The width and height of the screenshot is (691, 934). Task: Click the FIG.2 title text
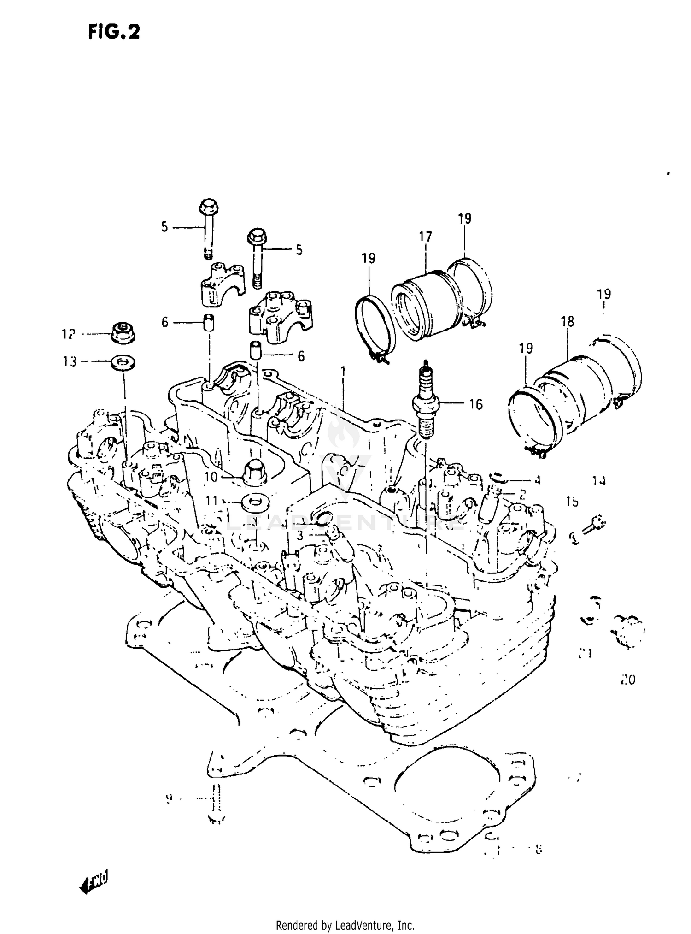[x=114, y=32]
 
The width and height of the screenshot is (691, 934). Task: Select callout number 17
[x=425, y=237]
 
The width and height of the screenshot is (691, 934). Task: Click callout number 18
[x=568, y=322]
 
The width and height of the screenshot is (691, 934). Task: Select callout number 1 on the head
[x=343, y=371]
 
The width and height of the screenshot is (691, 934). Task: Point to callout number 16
[x=475, y=404]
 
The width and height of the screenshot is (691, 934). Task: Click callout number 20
[x=628, y=680]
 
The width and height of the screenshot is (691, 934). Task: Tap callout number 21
[x=585, y=653]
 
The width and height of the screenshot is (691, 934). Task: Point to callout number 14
[x=598, y=481]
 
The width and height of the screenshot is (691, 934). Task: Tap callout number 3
[x=300, y=536]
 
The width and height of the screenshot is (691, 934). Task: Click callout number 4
[x=537, y=480]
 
